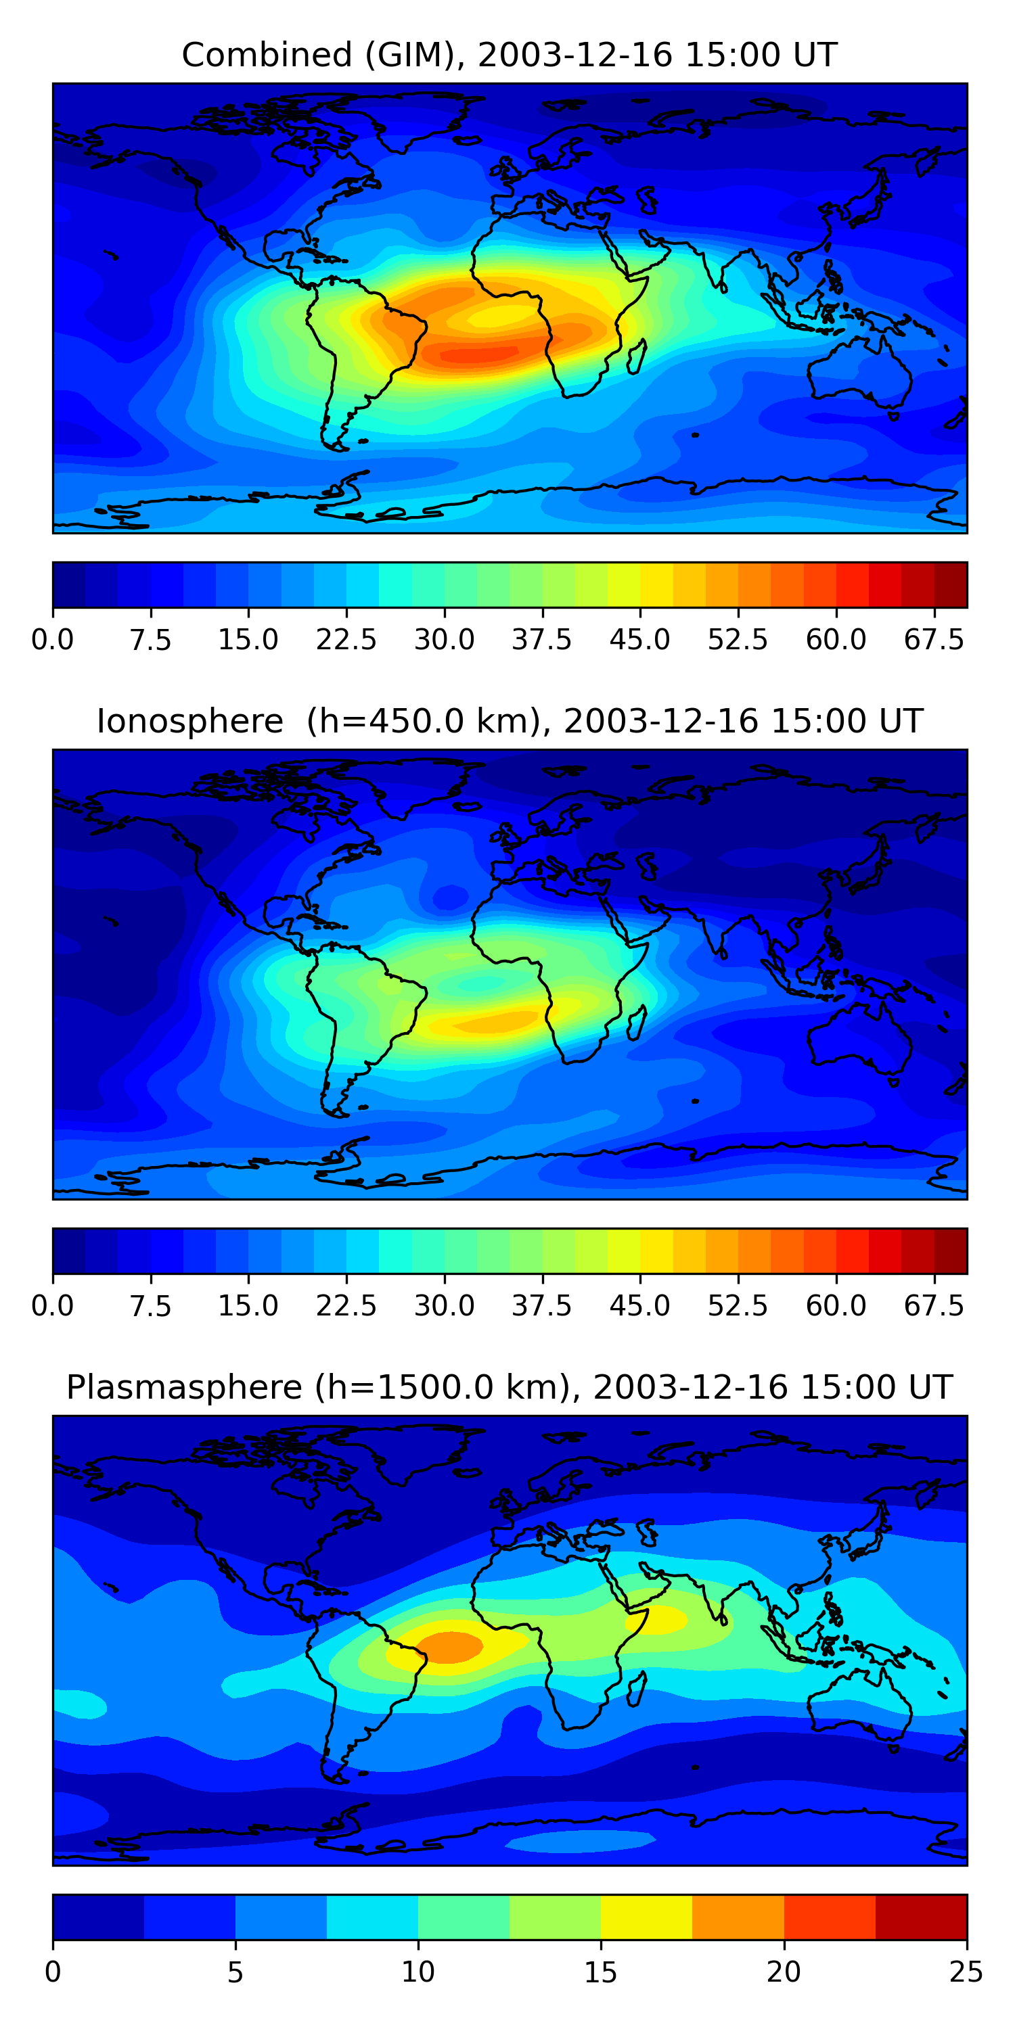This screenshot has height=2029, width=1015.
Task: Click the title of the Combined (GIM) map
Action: click(x=509, y=55)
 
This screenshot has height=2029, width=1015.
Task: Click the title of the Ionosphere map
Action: click(x=509, y=722)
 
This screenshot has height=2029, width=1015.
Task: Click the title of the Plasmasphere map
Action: click(x=509, y=1387)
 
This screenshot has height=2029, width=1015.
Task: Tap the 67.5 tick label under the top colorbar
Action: click(x=934, y=640)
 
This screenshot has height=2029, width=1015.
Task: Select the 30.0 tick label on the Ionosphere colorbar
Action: click(x=445, y=1306)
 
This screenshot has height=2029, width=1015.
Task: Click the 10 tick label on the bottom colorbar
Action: click(x=418, y=1972)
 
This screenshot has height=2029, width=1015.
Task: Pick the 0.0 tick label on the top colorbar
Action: click(x=53, y=640)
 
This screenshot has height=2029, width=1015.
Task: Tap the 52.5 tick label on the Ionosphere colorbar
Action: click(x=738, y=1306)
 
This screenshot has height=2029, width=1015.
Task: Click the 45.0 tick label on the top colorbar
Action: click(x=640, y=640)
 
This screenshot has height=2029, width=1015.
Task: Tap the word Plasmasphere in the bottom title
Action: click(x=183, y=1387)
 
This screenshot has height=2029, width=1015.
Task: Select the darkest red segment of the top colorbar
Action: click(x=951, y=585)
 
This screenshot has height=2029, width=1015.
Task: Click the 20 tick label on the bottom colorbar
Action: click(x=784, y=1972)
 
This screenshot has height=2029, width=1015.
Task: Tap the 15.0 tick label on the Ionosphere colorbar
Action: click(x=248, y=1306)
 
